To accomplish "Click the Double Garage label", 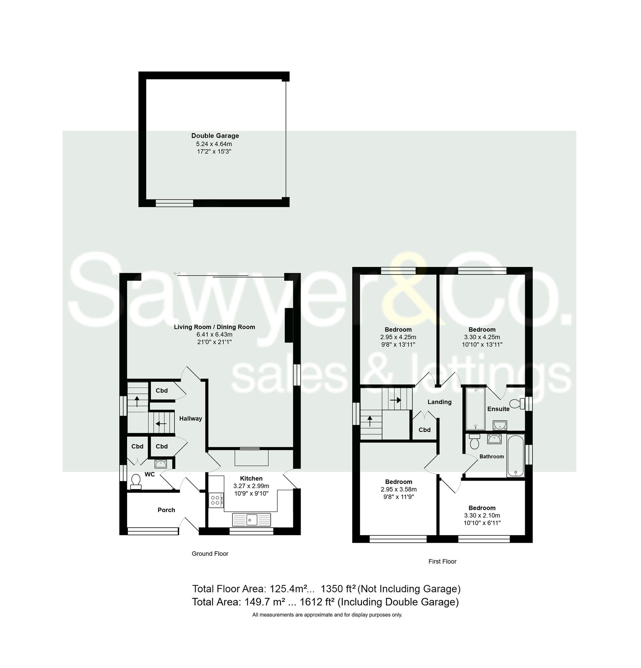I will click(x=215, y=136).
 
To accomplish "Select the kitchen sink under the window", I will click(x=251, y=519).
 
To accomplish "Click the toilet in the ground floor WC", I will click(x=136, y=481).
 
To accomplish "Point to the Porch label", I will click(x=166, y=510).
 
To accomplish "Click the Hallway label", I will click(x=190, y=419).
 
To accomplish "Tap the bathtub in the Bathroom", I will click(x=515, y=456).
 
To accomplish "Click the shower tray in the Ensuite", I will click(x=475, y=409).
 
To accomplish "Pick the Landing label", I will click(x=439, y=402).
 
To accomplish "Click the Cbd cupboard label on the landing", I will click(x=424, y=430).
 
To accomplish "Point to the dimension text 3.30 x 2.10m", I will click(x=482, y=515).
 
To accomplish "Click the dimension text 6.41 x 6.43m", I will click(x=214, y=334).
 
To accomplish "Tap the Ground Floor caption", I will click(x=210, y=553).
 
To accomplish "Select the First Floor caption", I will click(x=442, y=561).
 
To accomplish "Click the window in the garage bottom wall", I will click(x=174, y=203).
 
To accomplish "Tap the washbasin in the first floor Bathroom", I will click(x=494, y=439).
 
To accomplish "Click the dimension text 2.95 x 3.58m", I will click(x=398, y=489).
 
